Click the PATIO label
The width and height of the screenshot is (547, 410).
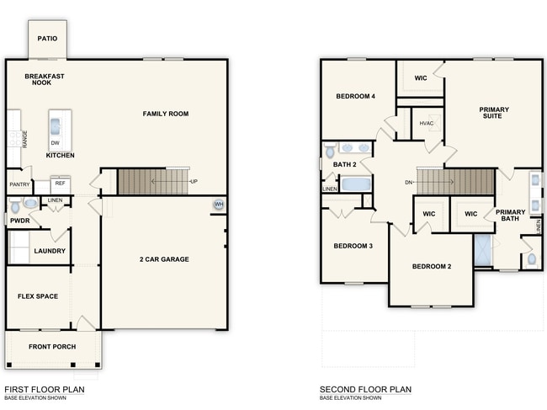point(47,39)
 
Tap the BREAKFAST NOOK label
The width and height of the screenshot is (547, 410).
point(45,80)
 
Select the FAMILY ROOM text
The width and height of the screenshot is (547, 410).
point(165,114)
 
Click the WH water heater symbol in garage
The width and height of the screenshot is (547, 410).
point(219,205)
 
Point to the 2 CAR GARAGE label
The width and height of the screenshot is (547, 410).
point(164,259)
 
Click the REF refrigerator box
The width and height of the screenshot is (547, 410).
point(60,183)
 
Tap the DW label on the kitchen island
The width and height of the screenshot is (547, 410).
point(55,143)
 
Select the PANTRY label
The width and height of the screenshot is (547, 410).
point(19,184)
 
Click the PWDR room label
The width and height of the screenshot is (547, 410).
point(19,221)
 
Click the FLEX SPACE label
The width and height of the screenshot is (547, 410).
point(37,296)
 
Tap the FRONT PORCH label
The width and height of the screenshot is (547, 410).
point(52,347)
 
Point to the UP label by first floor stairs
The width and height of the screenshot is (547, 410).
point(194,182)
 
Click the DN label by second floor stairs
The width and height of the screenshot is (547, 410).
point(408,182)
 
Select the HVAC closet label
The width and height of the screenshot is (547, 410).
point(428,124)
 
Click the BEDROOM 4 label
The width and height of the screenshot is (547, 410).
point(355,96)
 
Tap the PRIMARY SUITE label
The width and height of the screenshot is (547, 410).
point(493,113)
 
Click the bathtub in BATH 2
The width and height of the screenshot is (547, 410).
point(354,184)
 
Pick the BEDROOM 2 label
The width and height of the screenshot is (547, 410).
point(432,267)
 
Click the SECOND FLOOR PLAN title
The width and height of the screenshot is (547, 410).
point(365,389)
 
